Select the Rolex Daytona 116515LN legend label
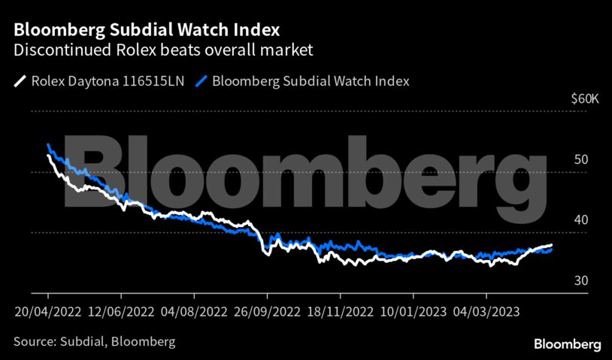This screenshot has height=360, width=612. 107,80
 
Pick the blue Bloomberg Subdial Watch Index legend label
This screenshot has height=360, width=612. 311,80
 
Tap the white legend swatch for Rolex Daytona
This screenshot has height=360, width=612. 20,80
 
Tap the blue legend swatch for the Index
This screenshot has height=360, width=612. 201,80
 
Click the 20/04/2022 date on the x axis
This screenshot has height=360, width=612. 47,311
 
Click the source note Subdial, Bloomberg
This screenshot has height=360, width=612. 95,342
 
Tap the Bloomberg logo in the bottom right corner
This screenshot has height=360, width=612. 567,343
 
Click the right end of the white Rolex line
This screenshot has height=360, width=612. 552,245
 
